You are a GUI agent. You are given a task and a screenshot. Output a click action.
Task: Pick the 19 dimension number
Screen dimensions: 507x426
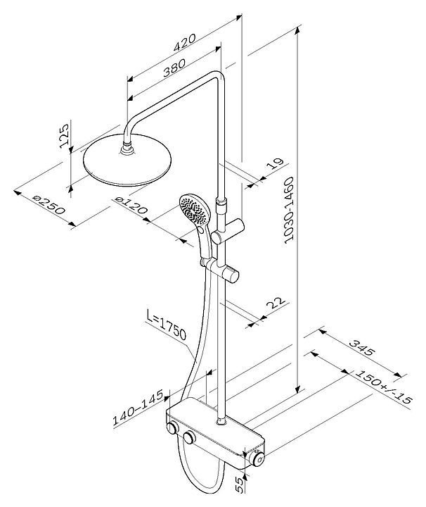tap(275, 165)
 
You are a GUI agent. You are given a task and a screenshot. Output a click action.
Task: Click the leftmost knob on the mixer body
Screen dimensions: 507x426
tap(172, 429)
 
